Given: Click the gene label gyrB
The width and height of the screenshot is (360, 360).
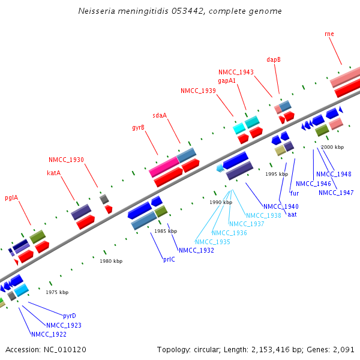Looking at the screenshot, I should pos(138,127).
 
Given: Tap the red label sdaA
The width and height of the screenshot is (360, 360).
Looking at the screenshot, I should pos(160,115).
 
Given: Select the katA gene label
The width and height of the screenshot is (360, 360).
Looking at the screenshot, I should pos(54,173).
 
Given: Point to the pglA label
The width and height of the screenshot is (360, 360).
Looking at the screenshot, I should pos(11,197).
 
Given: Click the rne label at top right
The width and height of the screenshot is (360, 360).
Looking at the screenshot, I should pos(329,34).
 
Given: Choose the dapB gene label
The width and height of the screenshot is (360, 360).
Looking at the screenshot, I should pos(274,59).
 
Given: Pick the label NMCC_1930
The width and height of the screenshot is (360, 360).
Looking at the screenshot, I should pos(66,160).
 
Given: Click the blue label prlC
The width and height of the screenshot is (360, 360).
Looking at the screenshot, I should pos(169,260).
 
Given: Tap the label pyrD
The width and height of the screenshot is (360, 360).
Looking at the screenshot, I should pos(70,316).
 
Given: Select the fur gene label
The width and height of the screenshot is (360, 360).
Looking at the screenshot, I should pos(294,193).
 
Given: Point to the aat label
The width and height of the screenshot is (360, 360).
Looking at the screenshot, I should pos(292,214).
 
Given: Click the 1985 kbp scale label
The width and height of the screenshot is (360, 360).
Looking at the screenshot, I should pos(166,231).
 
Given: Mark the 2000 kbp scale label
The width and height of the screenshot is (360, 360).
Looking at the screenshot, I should pos(332,147).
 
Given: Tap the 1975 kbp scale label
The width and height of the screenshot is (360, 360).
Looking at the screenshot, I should pos(57,292).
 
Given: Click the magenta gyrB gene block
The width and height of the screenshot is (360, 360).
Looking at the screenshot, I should pos(164,166).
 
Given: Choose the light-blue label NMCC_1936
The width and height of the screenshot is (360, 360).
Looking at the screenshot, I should pos(229,233).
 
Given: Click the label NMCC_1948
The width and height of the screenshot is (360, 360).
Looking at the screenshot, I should pos(334,174).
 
